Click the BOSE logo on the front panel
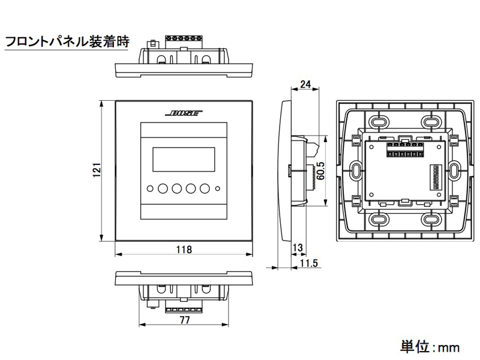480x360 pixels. (184, 113)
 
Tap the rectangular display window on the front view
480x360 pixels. (184, 159)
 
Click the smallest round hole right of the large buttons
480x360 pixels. (218, 189)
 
